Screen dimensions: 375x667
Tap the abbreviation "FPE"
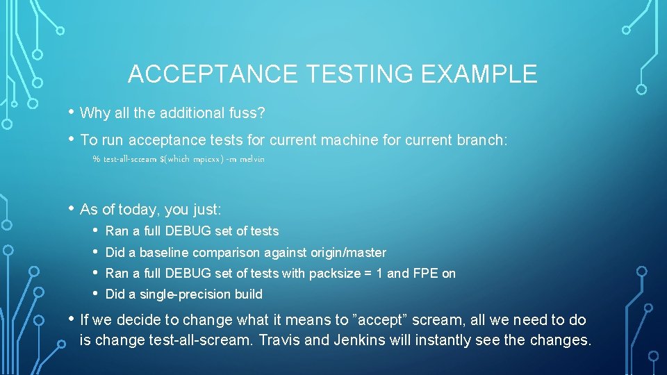(x=425, y=274)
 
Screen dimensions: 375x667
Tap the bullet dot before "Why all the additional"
(x=71, y=112)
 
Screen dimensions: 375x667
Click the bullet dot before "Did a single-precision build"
(x=95, y=294)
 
